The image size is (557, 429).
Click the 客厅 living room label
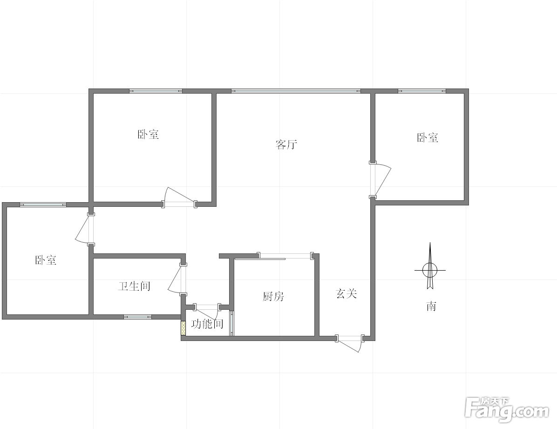(x=286, y=144)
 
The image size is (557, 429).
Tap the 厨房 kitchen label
(x=273, y=296)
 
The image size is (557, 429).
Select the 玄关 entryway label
(x=346, y=293)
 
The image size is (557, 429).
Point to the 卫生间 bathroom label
(x=134, y=286)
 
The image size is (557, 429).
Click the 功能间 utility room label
(x=207, y=324)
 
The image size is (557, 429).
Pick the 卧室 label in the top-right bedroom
(x=428, y=137)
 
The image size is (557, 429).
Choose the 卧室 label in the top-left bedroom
(x=148, y=134)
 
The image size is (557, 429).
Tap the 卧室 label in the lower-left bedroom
(x=46, y=260)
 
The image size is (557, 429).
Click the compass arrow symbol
(x=430, y=266)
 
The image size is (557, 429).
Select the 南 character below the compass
(x=431, y=306)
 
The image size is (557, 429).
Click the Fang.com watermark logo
(x=507, y=410)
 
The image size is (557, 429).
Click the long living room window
(x=296, y=91)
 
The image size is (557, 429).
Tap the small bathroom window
(x=137, y=317)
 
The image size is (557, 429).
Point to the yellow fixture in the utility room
(x=183, y=328)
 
